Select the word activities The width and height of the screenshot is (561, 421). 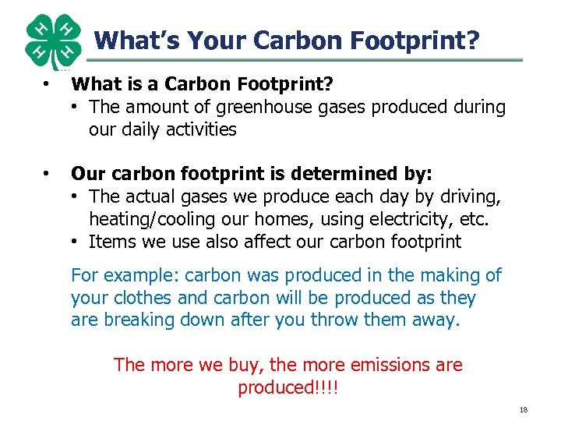194,129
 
